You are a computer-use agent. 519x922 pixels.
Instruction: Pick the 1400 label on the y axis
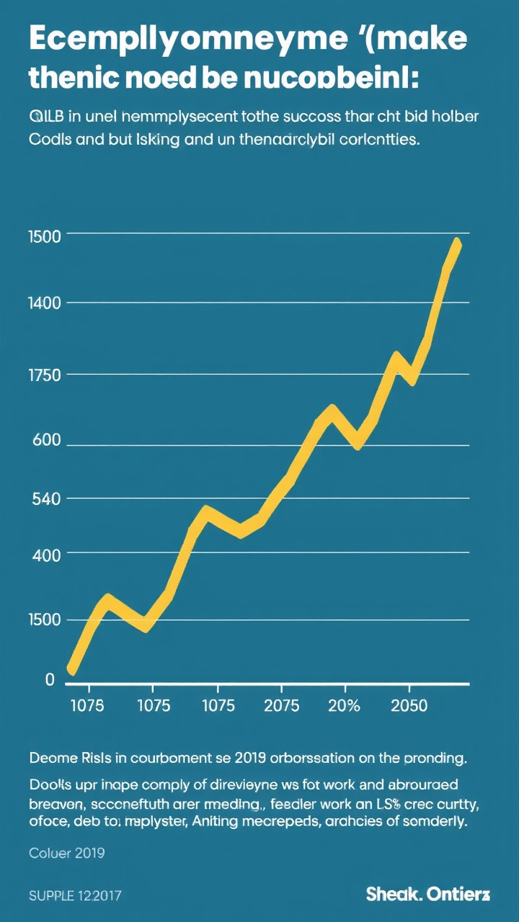(44, 303)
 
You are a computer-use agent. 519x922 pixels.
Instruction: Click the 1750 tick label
(44, 375)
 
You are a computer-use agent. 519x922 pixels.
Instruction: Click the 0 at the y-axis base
(50, 679)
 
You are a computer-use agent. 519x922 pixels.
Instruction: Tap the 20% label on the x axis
(343, 705)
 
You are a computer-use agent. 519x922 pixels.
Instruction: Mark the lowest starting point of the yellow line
(71, 669)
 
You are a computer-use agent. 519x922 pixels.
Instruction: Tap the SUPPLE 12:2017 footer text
(75, 896)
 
